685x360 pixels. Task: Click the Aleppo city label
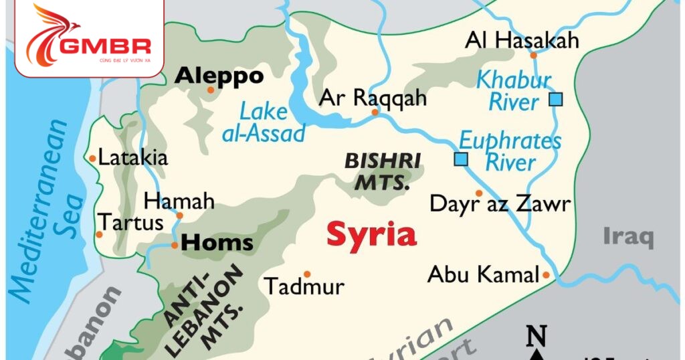point(219,76)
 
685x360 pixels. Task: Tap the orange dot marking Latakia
point(92,159)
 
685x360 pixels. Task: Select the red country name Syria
point(371,235)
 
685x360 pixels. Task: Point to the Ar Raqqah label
point(373,98)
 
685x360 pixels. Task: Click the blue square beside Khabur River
point(555,100)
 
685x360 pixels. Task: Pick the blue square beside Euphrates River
point(460,159)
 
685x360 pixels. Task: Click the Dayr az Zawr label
point(500,203)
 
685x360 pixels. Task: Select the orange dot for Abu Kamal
point(546,275)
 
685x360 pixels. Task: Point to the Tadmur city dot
point(307,274)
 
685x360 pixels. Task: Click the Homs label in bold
point(217,243)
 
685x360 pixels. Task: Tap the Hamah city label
point(179,201)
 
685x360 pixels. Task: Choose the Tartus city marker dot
point(99,234)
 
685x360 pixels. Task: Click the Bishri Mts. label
point(383,171)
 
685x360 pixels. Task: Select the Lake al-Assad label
point(264,122)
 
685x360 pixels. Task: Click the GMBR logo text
point(104,48)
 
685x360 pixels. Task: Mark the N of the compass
point(536,334)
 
